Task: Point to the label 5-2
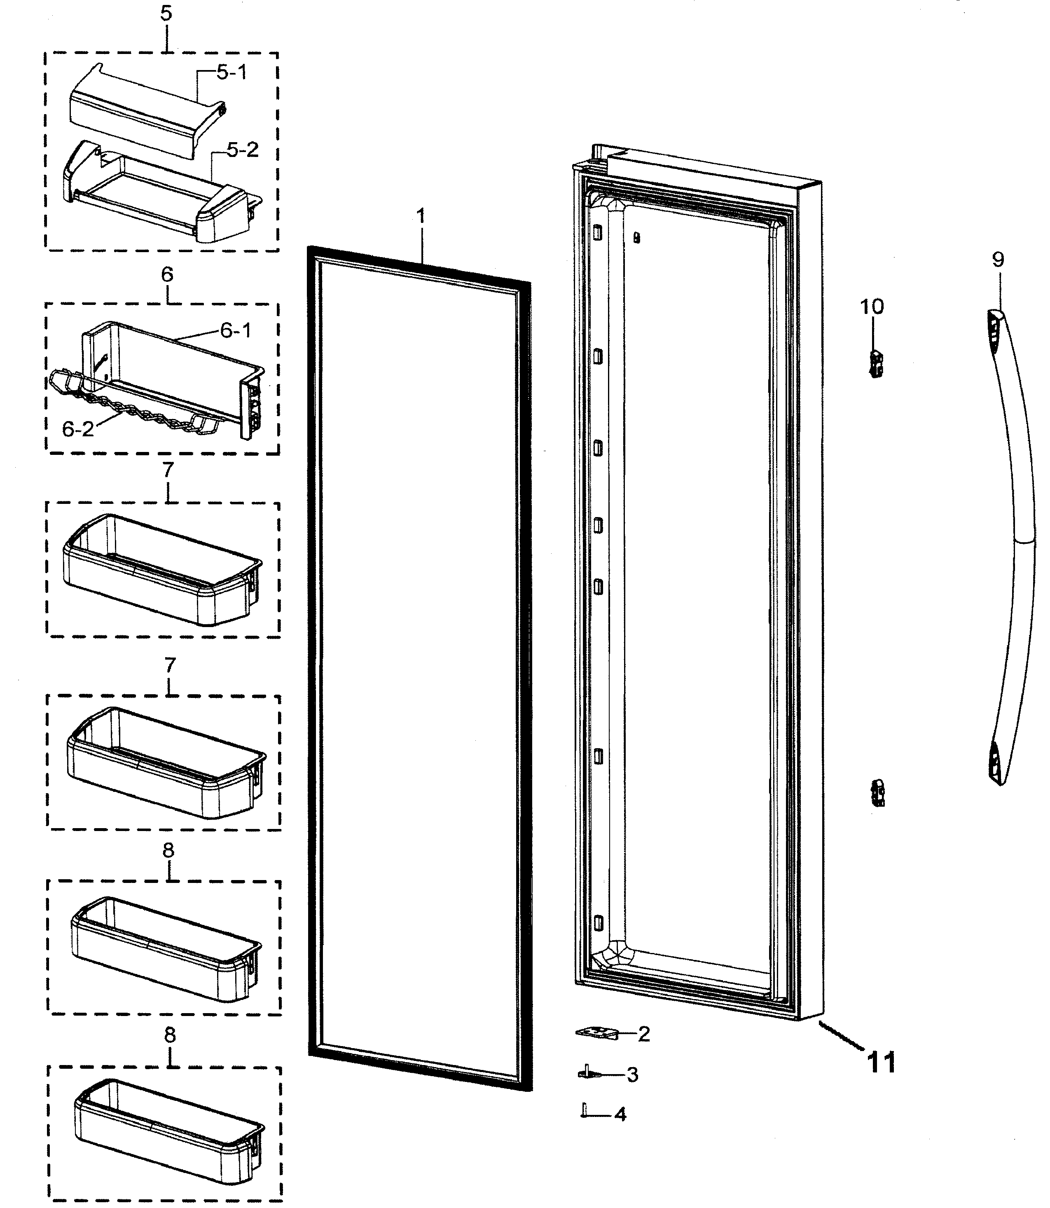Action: (243, 150)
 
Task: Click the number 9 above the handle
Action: (998, 259)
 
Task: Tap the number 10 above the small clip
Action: (872, 306)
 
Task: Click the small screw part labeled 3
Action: (588, 1073)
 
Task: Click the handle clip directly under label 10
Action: (876, 364)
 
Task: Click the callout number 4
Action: (620, 1114)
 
